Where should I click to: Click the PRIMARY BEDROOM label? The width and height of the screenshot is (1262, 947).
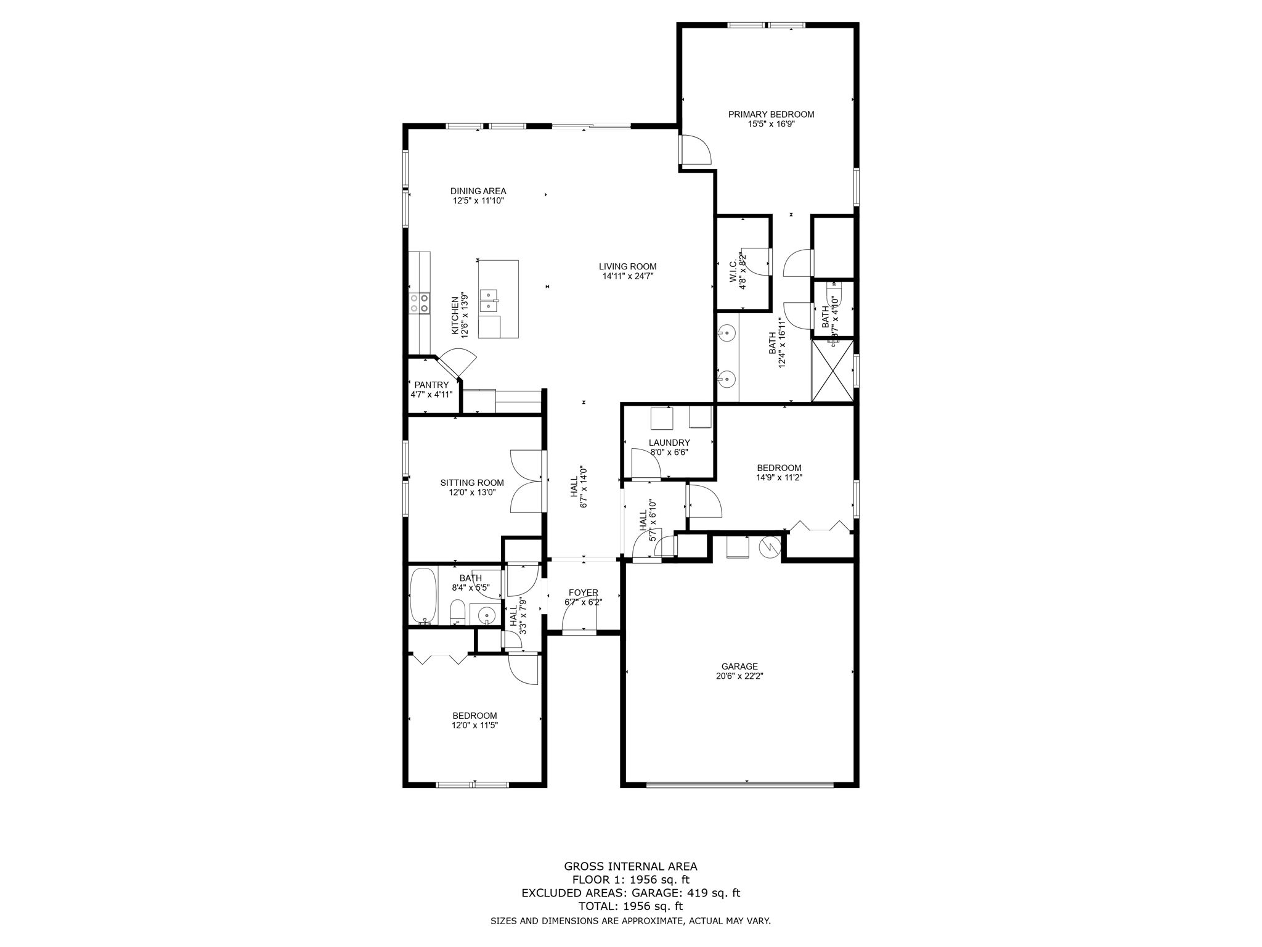pos(771,114)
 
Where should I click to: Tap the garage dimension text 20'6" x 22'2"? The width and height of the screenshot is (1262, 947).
pos(739,676)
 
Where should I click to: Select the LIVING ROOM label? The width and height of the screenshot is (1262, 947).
pos(627,266)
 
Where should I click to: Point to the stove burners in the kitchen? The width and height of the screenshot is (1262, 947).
pos(420,303)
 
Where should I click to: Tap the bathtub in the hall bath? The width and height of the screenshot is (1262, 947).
pos(423,596)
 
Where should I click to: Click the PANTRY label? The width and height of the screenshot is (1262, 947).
pos(431,385)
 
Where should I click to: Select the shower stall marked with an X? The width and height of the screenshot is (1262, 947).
pos(833,371)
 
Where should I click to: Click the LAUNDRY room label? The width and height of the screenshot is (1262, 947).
pos(669,442)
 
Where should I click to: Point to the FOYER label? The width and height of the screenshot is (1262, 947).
pos(583,592)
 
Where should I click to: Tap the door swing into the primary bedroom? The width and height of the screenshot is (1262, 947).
pos(696,150)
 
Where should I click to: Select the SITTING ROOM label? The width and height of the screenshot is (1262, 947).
pos(472,483)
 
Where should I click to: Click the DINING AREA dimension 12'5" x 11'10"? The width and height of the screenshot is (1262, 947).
pos(478,200)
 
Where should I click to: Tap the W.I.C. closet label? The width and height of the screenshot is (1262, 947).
pos(733,272)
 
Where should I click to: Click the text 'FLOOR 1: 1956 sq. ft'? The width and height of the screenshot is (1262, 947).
pos(630,880)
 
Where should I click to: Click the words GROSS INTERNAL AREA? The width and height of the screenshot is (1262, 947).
pos(630,866)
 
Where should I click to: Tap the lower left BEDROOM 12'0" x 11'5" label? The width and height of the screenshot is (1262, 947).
pos(474,716)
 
